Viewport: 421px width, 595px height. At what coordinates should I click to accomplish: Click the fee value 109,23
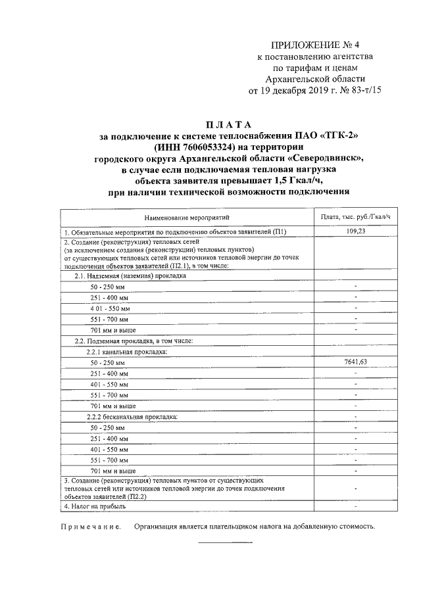(356, 231)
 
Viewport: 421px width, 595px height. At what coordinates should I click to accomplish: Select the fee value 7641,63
(356, 362)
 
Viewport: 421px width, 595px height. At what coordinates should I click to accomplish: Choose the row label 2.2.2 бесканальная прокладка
(132, 417)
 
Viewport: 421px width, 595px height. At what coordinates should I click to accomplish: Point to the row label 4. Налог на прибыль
(96, 507)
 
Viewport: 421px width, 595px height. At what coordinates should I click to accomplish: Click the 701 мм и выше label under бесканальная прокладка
(113, 471)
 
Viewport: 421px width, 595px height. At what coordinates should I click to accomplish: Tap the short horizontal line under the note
(226, 542)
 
